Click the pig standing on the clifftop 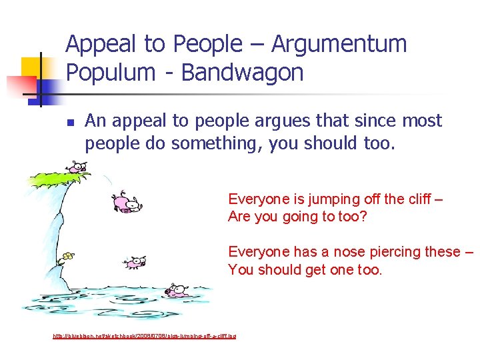click(76, 167)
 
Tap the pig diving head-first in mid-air click(127, 203)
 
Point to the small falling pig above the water click(135, 262)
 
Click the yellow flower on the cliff click(67, 256)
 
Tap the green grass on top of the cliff click(57, 177)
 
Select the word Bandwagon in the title click(241, 73)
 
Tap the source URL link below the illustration click(144, 335)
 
